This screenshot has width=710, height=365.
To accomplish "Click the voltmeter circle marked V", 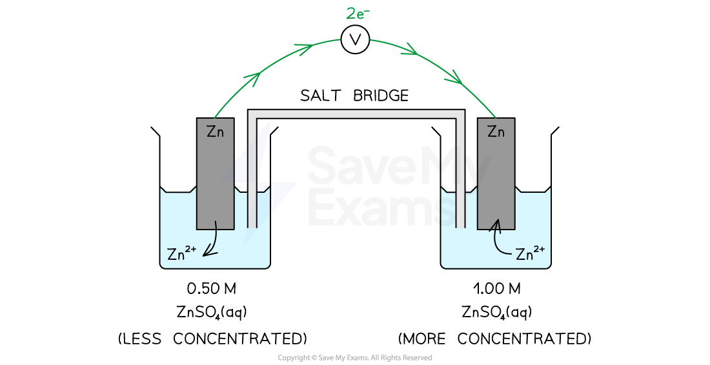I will click(355, 40).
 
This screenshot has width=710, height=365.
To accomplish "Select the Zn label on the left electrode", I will click(216, 132).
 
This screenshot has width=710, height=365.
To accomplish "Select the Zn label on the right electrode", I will click(496, 132).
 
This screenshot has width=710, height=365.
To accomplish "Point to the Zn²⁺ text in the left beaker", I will click(181, 253).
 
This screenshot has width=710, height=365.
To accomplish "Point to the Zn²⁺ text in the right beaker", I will click(531, 253).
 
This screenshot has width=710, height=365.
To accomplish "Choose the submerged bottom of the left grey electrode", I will click(216, 219).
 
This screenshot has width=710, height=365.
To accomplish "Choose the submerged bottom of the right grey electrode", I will click(496, 219).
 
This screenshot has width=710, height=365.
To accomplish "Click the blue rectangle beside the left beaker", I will click(289, 205).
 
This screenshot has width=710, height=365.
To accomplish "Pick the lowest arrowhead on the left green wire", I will click(253, 79).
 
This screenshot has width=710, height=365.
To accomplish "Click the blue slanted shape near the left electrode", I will click(253, 155).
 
